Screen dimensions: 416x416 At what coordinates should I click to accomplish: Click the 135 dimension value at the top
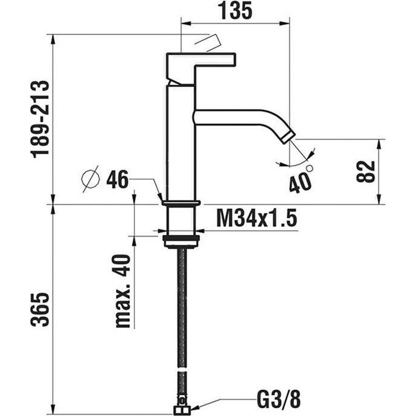tap(232, 11)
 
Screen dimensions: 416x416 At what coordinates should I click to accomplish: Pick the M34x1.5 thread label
tap(257, 218)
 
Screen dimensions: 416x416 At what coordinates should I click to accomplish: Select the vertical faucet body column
tap(181, 145)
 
